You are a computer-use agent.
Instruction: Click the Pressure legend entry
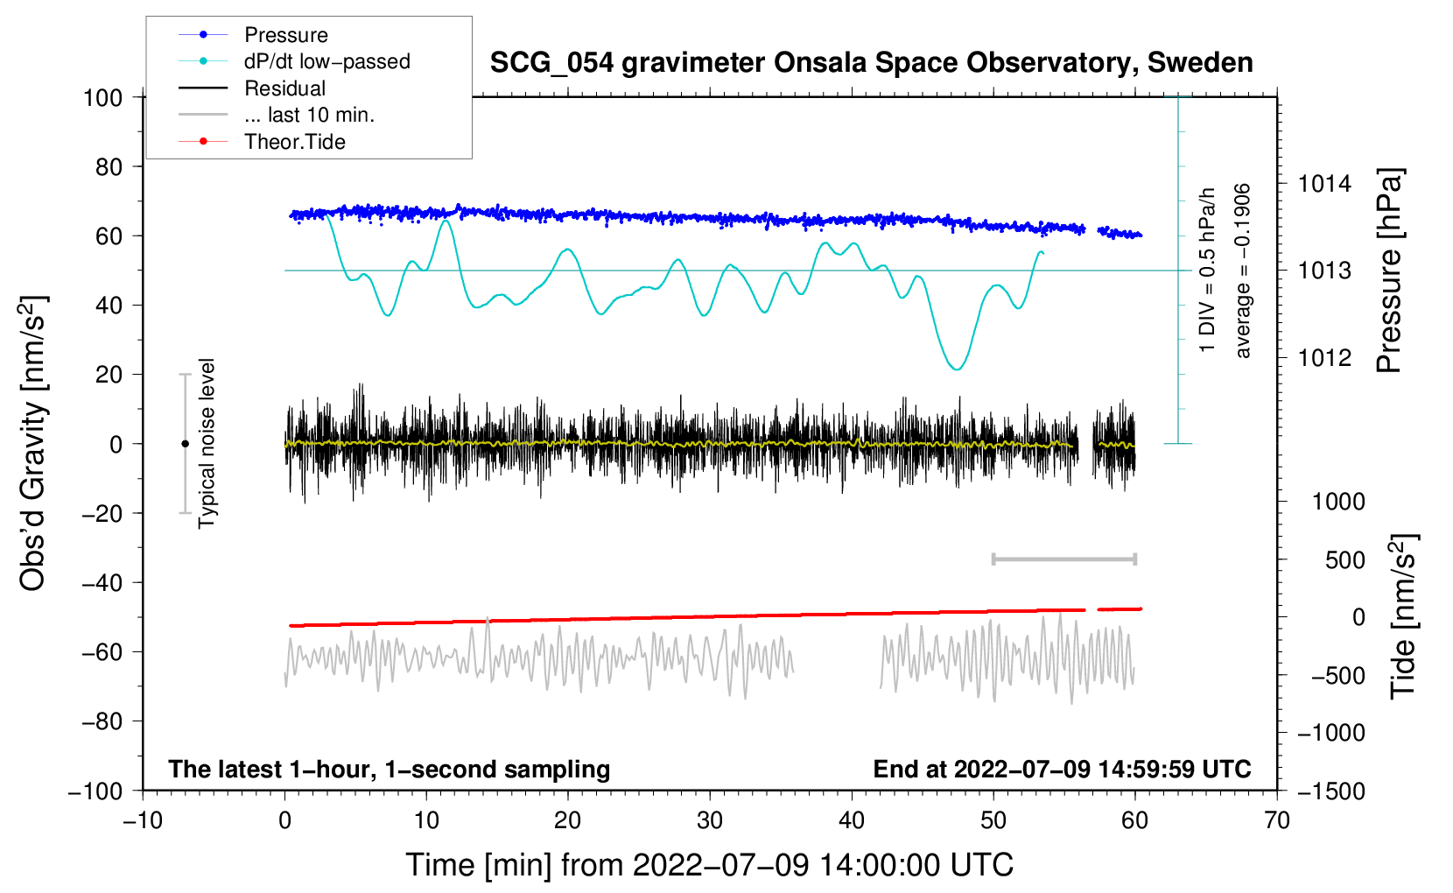[x=285, y=35]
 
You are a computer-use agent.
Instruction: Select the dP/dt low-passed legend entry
[x=326, y=61]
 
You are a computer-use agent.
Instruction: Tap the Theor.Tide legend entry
[x=294, y=142]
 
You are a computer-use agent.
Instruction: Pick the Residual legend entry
[x=284, y=88]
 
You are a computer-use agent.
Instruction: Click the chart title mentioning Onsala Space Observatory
[x=871, y=63]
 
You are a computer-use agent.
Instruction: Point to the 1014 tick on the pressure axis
[x=1324, y=184]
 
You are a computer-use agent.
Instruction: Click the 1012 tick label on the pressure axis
[x=1324, y=357]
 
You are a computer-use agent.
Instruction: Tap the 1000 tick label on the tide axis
[x=1338, y=502]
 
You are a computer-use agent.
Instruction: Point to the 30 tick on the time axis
[x=710, y=820]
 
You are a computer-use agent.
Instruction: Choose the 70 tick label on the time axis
[x=1277, y=820]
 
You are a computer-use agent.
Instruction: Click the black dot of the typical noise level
[x=185, y=444]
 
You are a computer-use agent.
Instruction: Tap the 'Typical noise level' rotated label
[x=207, y=444]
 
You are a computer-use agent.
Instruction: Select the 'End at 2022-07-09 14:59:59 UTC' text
[x=1062, y=770]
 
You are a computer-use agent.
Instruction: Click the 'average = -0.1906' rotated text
[x=1243, y=271]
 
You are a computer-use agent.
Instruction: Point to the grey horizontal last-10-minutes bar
[x=1063, y=559]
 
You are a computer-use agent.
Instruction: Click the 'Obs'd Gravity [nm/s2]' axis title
[x=33, y=444]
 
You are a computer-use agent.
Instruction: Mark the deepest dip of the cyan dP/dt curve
[x=957, y=369]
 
